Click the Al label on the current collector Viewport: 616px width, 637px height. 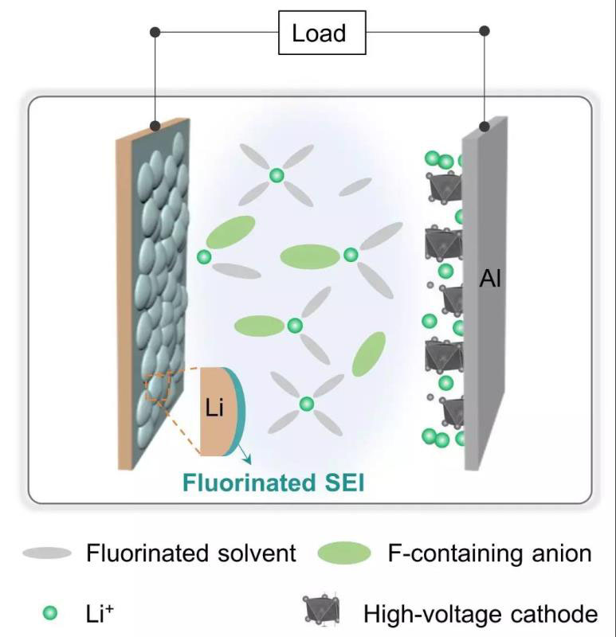pyautogui.click(x=490, y=279)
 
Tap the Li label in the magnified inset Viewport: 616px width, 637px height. pyautogui.click(x=214, y=409)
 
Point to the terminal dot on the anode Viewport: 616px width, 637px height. pyautogui.click(x=156, y=125)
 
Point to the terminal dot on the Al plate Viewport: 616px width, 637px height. pyautogui.click(x=484, y=126)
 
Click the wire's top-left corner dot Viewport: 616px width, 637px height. pyautogui.click(x=156, y=33)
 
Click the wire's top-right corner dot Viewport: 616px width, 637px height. pyautogui.click(x=484, y=33)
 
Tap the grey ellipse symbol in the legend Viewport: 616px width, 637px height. pyautogui.click(x=47, y=553)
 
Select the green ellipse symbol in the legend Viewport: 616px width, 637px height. pyautogui.click(x=343, y=553)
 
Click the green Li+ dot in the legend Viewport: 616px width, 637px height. pyautogui.click(x=50, y=613)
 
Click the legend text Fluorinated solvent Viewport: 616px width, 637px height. pyautogui.click(x=190, y=553)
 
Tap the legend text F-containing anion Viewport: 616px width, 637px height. pyautogui.click(x=489, y=553)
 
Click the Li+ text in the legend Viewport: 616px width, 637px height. pyautogui.click(x=101, y=613)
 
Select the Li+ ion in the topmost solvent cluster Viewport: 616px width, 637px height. pyautogui.click(x=276, y=176)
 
